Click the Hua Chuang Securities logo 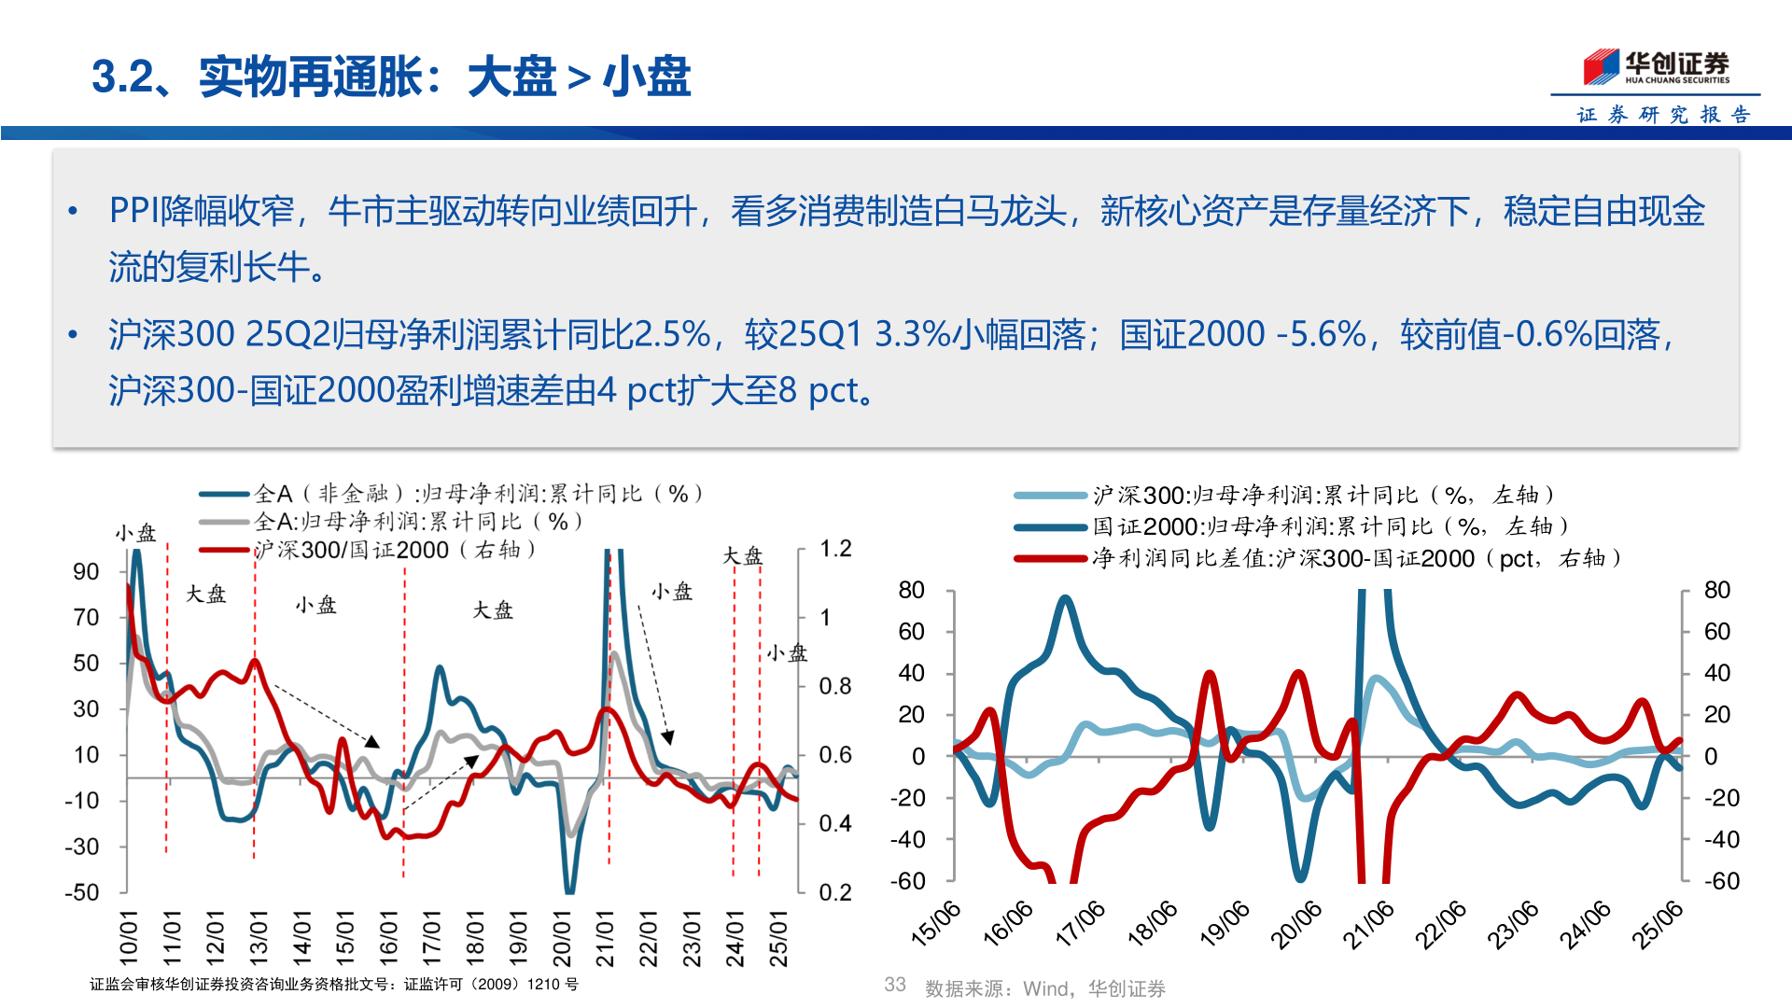coord(1656,67)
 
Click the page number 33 coord(894,985)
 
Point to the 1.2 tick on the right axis coord(835,549)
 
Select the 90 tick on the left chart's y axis coord(86,571)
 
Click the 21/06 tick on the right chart coord(1369,924)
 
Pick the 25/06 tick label coord(1659,924)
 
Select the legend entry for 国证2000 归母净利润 coord(1330,526)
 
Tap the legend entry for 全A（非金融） coord(476,494)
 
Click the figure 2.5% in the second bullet coord(671,334)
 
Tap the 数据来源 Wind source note coord(1044,988)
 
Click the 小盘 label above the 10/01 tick coord(135,533)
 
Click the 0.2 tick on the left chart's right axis coord(835,892)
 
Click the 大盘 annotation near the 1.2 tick coord(742,556)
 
